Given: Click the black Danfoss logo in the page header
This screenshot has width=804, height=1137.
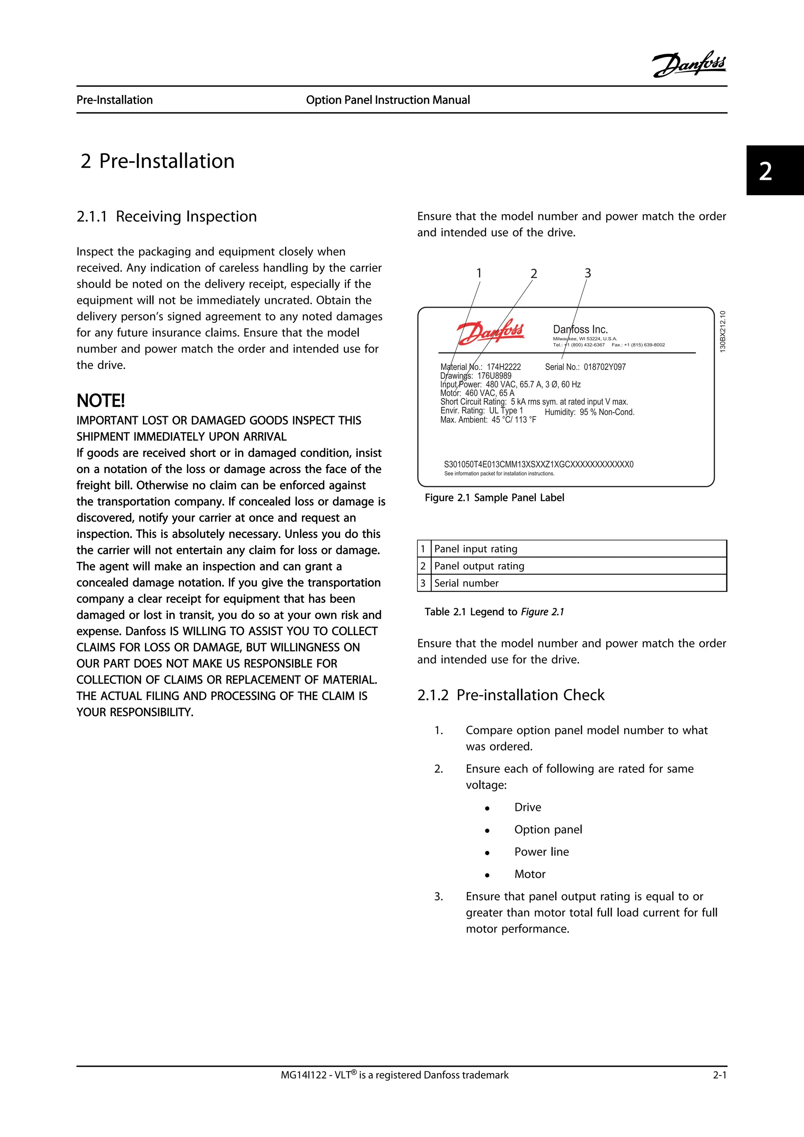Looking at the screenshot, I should coord(689,64).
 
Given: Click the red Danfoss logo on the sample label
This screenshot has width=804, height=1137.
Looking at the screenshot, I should coord(490,331).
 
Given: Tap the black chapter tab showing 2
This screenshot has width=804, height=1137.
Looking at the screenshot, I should coord(774,170).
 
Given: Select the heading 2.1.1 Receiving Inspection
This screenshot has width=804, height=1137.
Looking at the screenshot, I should coord(166,216).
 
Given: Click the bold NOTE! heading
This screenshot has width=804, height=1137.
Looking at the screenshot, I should coord(100,400).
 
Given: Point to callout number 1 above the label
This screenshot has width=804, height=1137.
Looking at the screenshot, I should coord(479,273).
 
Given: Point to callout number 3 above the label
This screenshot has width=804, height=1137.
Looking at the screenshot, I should coord(588,273).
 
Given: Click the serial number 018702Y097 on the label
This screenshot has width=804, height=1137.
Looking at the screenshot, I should coord(605,367).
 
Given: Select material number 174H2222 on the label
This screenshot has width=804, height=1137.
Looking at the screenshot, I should coord(504,367).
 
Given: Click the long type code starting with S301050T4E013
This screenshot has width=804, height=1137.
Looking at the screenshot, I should coord(538,464).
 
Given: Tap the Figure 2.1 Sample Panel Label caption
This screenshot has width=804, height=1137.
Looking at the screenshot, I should coord(494,498).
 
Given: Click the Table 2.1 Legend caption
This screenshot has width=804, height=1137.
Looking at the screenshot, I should coord(494,612).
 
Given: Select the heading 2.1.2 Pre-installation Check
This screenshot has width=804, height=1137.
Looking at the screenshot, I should coord(510,695).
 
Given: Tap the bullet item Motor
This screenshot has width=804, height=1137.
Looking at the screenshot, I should coord(529,874).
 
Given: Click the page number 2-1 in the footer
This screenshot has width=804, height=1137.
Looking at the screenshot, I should coord(719,1075).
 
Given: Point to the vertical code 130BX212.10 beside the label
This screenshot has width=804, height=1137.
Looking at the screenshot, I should coord(723,331).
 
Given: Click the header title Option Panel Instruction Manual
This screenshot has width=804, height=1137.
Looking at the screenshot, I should coord(387,100).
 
